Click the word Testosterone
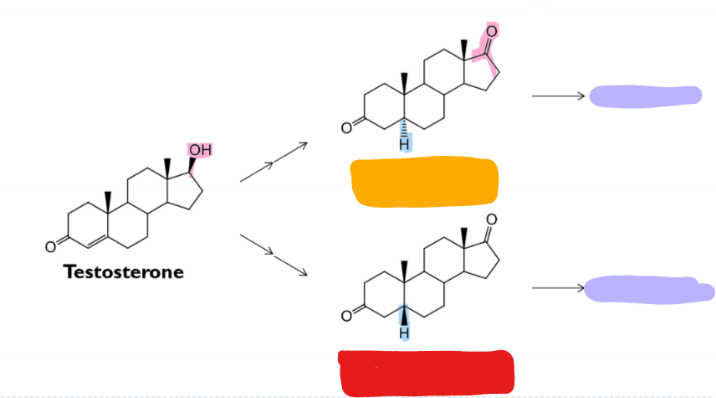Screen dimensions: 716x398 click(124, 272)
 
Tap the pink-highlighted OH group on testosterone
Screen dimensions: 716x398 click(199, 150)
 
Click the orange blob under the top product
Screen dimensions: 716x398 click(425, 182)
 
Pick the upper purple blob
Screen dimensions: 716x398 click(645, 96)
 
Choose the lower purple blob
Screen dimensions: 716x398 click(649, 289)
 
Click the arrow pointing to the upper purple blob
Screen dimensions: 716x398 click(558, 96)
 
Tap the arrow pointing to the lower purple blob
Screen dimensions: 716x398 click(558, 288)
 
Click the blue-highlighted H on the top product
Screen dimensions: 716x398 click(404, 144)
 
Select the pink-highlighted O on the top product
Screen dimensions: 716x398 click(491, 32)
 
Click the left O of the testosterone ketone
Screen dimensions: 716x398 click(51, 246)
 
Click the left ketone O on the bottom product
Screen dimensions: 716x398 click(345, 317)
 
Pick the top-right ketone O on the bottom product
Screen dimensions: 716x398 click(491, 220)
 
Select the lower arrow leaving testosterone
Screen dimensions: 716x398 click(274, 255)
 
